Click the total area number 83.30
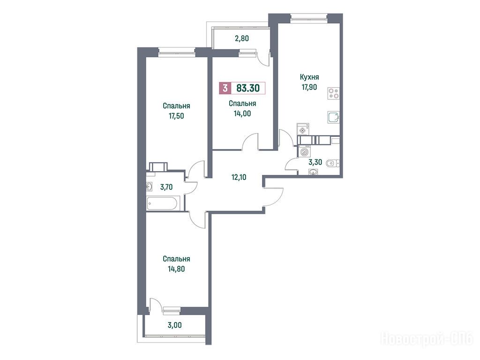point(248,89)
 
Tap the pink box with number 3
point(225,89)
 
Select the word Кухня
point(309,77)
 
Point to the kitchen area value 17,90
point(309,87)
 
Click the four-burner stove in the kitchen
point(333,93)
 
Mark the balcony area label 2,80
point(241,38)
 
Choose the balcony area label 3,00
point(175,325)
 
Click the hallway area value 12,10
point(239,177)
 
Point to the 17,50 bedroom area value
point(176,116)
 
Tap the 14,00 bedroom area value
point(242,113)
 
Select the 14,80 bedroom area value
point(176,269)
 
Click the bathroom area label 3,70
point(166,187)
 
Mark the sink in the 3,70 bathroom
point(150,187)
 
